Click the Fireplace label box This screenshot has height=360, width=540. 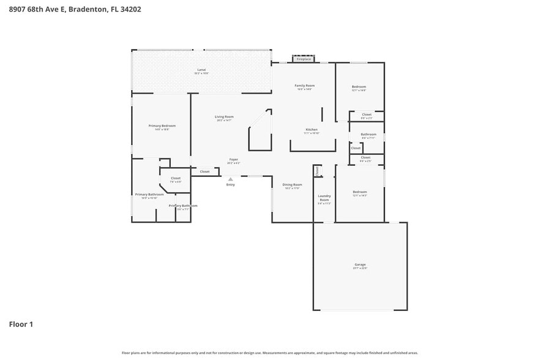pos(304,59)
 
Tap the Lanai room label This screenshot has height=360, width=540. pos(201,70)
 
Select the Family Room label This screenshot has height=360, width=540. pos(304,86)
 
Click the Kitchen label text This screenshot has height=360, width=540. pos(312,130)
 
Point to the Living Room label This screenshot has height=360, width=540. pos(223,117)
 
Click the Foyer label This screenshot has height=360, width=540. pos(233,159)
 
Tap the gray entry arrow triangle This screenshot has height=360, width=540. pos(230,179)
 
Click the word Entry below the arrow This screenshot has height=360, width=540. pos(230,184)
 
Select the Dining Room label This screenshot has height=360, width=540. pos(292,184)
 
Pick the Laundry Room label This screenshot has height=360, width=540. pos(324,198)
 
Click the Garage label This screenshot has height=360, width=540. pos(359,264)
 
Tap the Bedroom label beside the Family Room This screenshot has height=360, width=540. pos(359,87)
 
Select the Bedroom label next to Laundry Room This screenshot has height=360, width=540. pos(359,192)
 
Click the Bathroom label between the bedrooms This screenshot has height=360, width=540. pos(368,134)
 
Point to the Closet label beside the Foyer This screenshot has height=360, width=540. pos(204,171)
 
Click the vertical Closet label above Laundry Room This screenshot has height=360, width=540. pos(317,171)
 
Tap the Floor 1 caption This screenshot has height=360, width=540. pos(21,324)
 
